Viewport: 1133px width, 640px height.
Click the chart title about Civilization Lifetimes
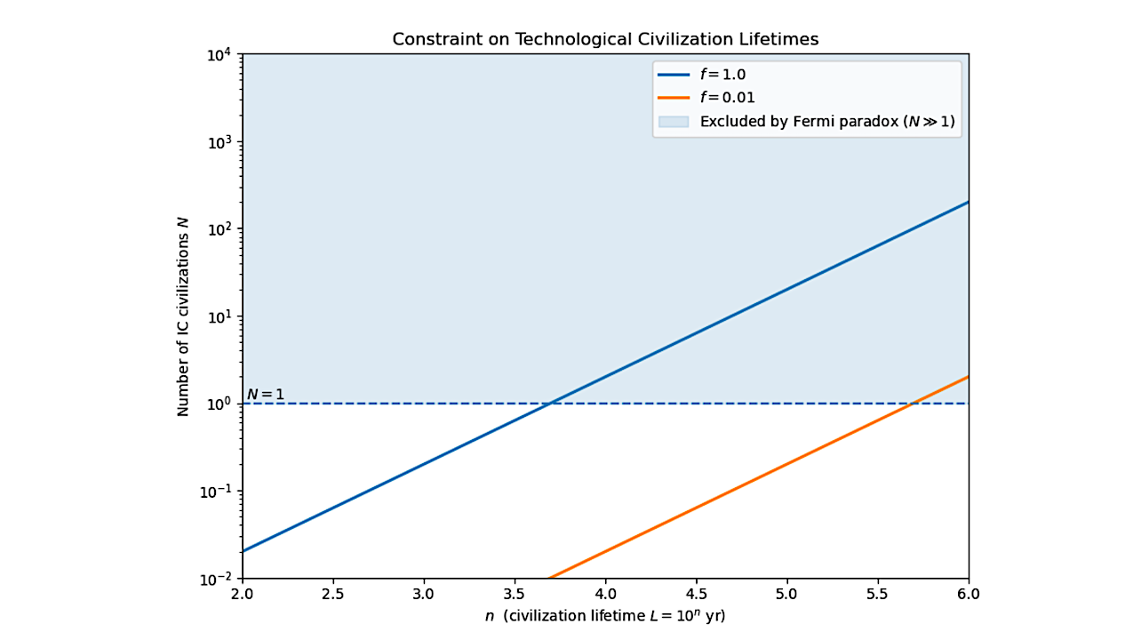coord(605,40)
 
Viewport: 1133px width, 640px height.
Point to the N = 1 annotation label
coord(265,394)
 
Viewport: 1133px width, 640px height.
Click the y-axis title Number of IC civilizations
coord(183,316)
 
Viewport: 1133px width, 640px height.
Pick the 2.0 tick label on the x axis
coord(242,593)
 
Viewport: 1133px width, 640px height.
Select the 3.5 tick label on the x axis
coord(515,593)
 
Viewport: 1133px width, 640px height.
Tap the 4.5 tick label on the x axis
coord(696,593)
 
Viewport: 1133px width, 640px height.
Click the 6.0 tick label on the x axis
coord(968,593)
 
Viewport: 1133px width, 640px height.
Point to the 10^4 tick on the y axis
coord(219,55)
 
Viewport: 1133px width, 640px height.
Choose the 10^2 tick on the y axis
coord(219,229)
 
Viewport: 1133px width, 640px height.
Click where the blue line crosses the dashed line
coord(551,404)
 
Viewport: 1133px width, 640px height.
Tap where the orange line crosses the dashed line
coord(914,404)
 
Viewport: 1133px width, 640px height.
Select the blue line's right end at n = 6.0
coord(968,202)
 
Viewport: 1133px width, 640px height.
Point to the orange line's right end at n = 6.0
coord(968,377)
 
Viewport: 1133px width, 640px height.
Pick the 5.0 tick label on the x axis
coord(786,593)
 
